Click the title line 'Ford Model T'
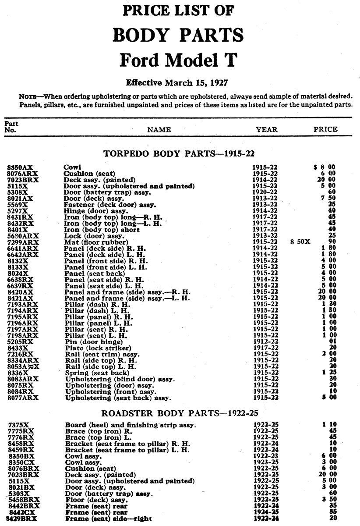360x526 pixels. (x=179, y=60)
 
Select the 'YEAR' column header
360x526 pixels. (x=267, y=129)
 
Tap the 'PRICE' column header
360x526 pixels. (x=325, y=129)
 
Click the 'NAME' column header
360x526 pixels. (x=159, y=130)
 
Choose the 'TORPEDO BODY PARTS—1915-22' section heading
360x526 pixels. (x=179, y=154)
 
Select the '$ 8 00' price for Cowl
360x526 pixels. (x=324, y=167)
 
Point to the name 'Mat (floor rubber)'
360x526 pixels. (x=96, y=242)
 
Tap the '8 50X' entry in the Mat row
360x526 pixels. (x=300, y=242)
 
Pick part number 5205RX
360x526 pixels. (x=21, y=341)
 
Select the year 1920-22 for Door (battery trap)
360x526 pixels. (x=265, y=192)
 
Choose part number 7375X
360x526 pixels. (x=19, y=425)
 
